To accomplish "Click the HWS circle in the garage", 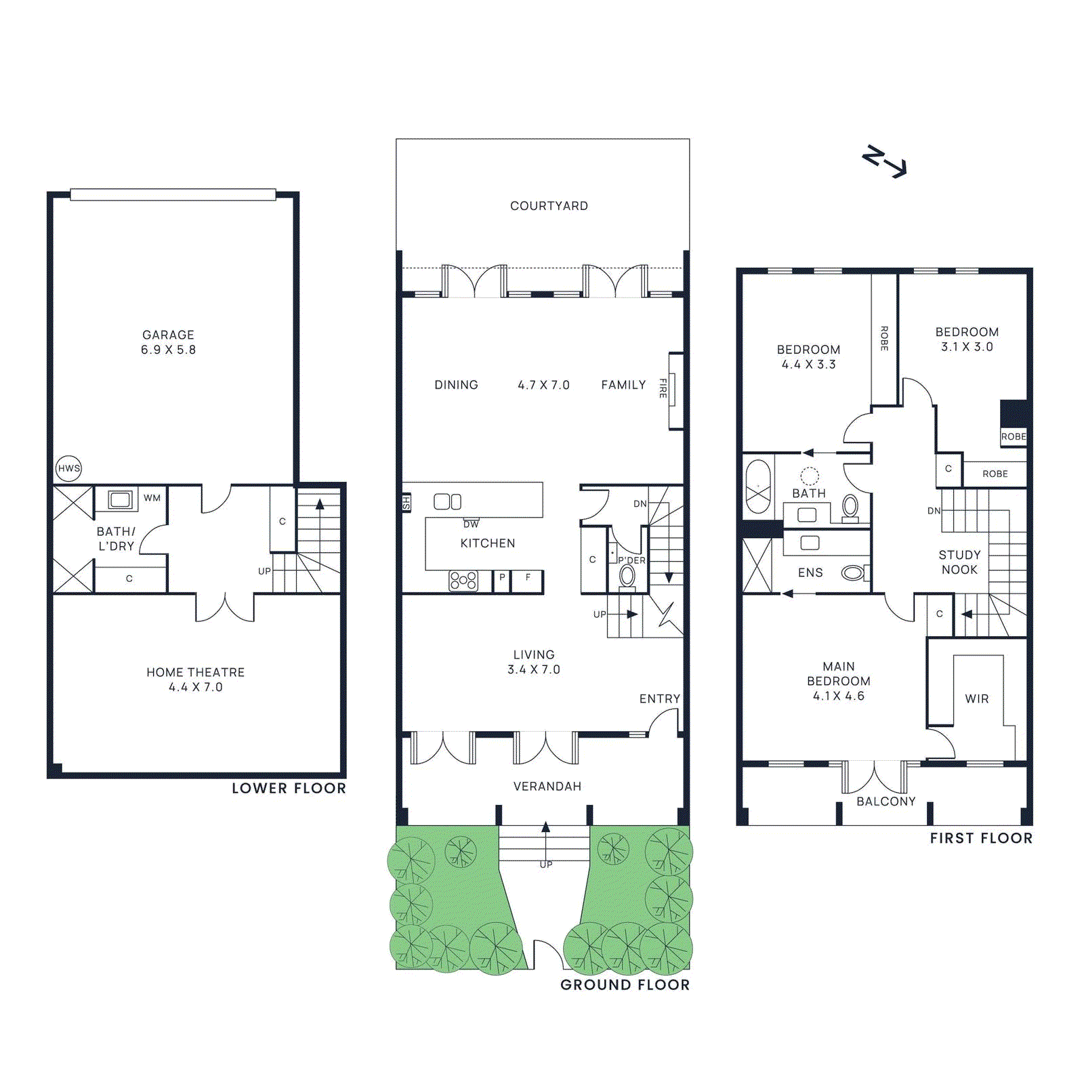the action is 68,468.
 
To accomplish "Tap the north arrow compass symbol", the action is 884,161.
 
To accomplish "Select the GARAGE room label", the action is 168,335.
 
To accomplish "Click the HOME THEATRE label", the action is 196,672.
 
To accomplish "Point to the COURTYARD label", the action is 549,206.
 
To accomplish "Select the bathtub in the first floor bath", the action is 757,487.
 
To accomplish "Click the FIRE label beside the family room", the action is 663,388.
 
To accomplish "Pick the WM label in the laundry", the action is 152,498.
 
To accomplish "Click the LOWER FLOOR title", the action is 289,789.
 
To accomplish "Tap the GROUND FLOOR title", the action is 625,985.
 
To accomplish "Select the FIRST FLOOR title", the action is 981,838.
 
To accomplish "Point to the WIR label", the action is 977,699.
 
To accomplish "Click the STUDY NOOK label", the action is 960,562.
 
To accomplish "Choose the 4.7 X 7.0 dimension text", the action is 543,385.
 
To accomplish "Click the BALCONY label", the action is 886,801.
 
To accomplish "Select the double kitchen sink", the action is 447,501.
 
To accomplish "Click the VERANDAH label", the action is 547,787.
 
